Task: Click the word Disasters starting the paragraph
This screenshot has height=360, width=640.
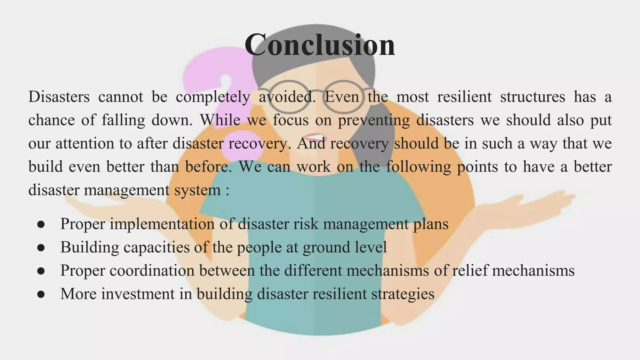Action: point(59,97)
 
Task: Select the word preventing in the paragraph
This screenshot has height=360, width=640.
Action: point(374,120)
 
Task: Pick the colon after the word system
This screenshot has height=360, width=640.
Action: point(227,190)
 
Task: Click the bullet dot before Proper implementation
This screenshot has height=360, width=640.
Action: point(41,225)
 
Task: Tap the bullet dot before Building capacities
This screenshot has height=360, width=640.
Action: point(41,248)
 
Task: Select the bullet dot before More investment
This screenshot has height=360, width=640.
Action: point(41,294)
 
